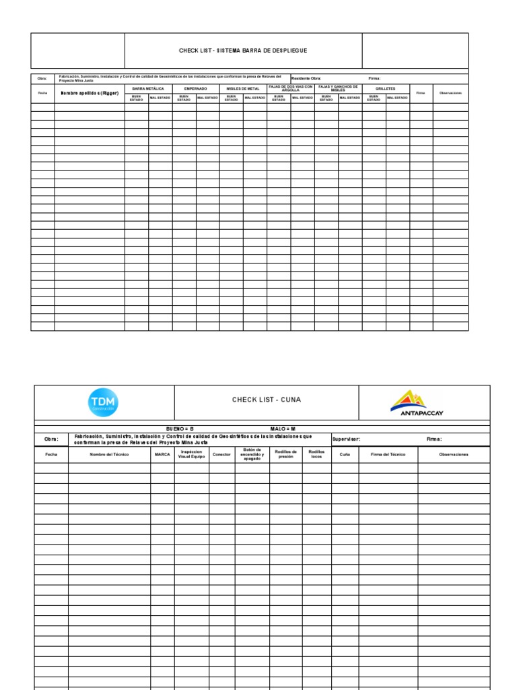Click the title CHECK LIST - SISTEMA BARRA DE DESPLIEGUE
point(243,51)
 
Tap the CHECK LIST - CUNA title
point(267,400)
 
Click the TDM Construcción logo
point(102,403)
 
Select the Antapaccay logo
point(417,404)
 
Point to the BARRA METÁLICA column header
point(148,88)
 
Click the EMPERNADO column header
point(196,88)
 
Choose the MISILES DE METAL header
point(243,88)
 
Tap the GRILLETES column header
point(386,88)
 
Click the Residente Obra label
point(306,78)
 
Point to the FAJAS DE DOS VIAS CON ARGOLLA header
point(291,88)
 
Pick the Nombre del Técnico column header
point(109,455)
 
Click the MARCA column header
point(162,455)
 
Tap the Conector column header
point(221,455)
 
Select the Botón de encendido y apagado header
point(252,455)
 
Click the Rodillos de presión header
point(286,455)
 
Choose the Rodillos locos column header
point(316,455)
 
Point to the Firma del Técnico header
point(388,455)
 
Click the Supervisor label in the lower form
point(347,439)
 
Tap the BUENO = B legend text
point(180,429)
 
